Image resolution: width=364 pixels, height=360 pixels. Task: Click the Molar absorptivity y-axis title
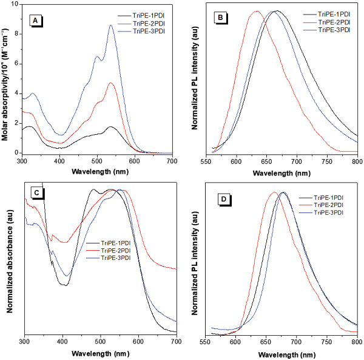(x=5, y=79)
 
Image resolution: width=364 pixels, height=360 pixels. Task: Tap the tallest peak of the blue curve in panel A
(x=110, y=25)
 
